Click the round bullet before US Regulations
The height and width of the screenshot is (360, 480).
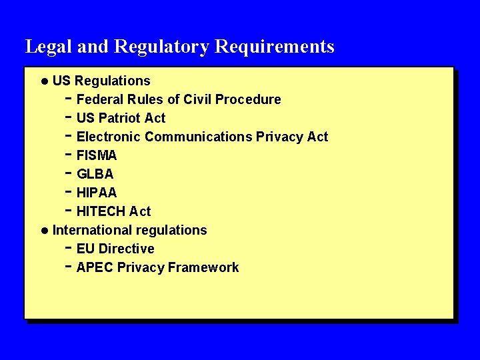pos(44,81)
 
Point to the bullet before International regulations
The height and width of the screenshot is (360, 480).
pos(44,231)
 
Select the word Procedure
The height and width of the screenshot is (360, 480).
pos(251,99)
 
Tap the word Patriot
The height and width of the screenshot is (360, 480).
pos(120,118)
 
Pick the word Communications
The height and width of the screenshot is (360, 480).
pos(198,137)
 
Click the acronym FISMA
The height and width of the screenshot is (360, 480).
pos(97,155)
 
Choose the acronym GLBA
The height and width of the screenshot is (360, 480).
pos(95,174)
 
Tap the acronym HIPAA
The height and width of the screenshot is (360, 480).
pos(97,193)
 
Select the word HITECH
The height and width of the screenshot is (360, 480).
pos(101,211)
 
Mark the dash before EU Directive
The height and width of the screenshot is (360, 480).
pos(69,247)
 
